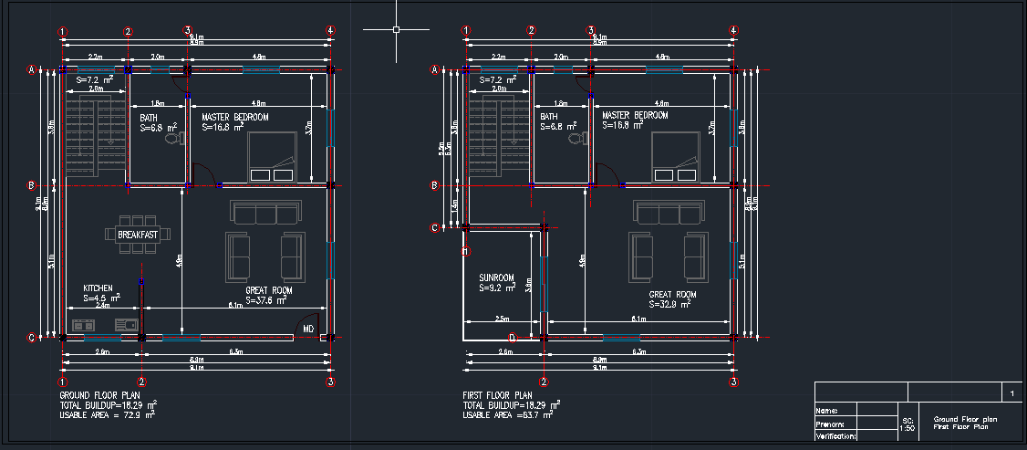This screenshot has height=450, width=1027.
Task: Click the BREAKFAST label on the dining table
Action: point(138,235)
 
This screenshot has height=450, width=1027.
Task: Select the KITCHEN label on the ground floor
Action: point(99,287)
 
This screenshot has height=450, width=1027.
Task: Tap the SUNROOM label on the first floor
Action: point(497,277)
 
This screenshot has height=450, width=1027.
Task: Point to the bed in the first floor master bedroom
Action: point(676,158)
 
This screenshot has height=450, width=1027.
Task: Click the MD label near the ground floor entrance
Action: point(308,329)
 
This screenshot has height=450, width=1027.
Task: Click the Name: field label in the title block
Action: point(826,412)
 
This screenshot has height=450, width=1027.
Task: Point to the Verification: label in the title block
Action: point(835,436)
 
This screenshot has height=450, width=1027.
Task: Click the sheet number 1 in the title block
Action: point(1011,392)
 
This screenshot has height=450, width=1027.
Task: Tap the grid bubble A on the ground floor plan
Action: point(31,70)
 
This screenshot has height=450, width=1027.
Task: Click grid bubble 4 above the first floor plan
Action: point(733,31)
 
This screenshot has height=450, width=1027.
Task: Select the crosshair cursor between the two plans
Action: point(397,29)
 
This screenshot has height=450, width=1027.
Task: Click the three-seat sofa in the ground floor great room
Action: point(266,213)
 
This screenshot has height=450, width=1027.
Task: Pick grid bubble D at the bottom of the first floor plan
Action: point(512,338)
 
